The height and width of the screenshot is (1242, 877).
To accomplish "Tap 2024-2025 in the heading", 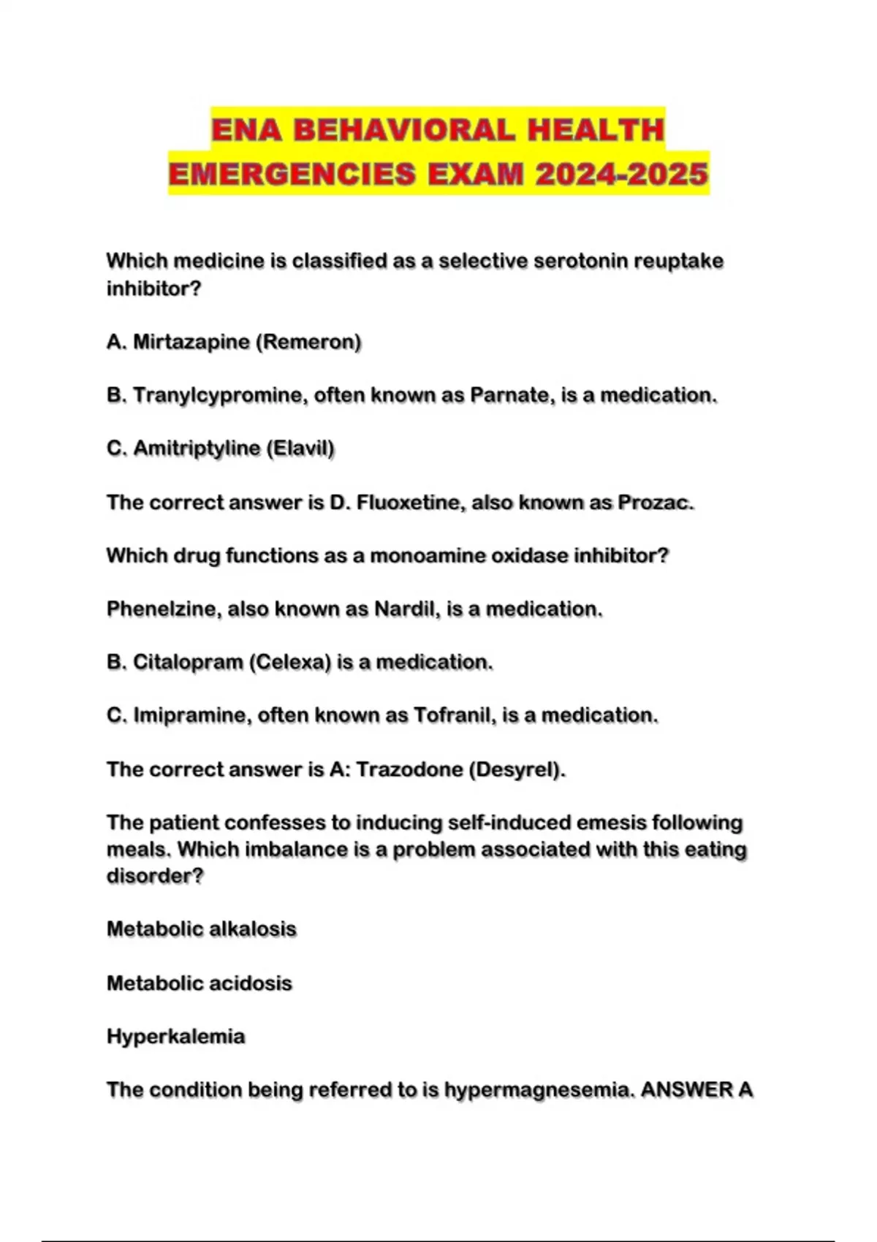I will [621, 175].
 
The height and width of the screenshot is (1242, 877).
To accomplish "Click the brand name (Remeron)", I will [309, 342].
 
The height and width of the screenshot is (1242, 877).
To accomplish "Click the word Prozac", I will [653, 503].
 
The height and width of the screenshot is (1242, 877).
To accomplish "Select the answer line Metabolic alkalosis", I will [202, 929].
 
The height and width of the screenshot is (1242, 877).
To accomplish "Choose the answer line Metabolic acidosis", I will [200, 983].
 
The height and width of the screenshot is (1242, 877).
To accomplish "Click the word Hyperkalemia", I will [176, 1037].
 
